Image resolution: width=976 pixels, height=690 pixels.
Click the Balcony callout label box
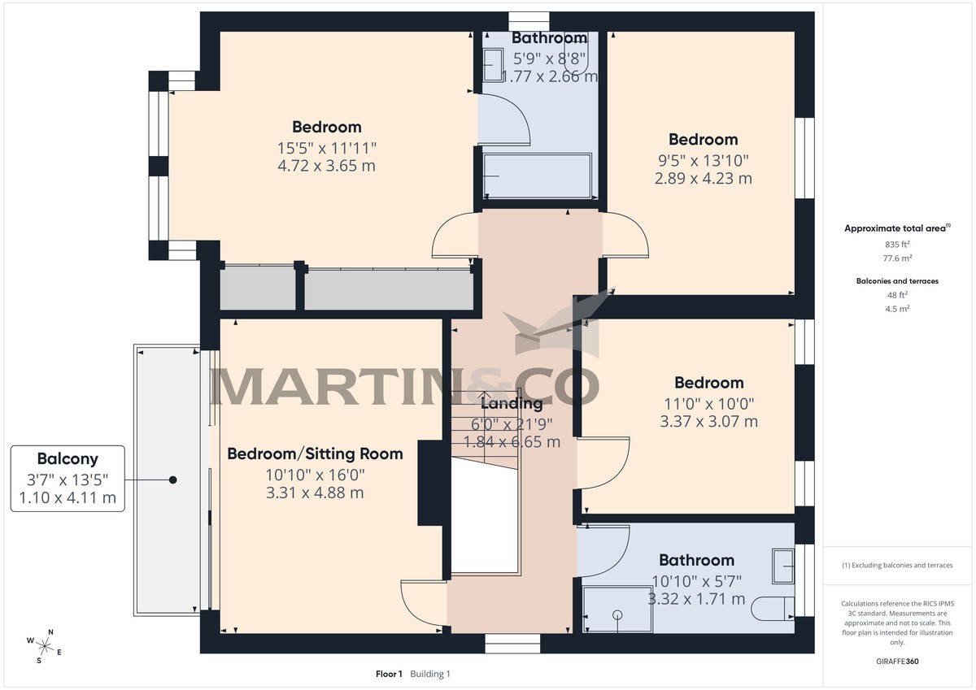(68, 478)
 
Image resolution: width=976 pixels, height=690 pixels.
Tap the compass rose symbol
(45, 646)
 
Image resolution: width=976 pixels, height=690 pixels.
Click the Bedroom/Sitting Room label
(315, 453)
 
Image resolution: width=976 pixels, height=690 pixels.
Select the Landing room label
(512, 403)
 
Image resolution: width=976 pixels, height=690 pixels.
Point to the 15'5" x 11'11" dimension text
(326, 147)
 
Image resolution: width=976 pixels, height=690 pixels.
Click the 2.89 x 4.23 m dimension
(704, 178)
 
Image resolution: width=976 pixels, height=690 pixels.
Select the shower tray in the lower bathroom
(618, 609)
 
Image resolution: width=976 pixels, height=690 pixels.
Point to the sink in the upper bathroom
(494, 64)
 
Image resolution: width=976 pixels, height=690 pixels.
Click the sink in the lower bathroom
(783, 565)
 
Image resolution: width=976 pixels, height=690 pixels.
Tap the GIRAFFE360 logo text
(899, 662)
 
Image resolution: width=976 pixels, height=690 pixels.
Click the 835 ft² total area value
(897, 244)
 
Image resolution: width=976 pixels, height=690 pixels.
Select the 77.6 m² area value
(897, 258)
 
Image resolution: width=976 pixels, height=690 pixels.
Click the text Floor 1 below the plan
(389, 674)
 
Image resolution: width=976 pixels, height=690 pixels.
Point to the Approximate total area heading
(895, 229)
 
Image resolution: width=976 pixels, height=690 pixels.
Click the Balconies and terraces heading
(897, 280)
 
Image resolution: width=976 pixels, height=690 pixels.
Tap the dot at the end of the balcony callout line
(172, 480)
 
